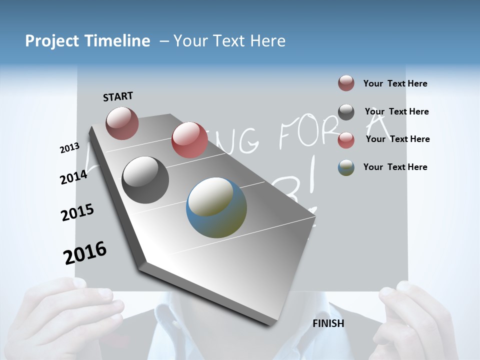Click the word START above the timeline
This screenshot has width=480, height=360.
(118, 96)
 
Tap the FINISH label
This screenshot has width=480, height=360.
(328, 323)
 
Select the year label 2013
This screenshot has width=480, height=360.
(70, 147)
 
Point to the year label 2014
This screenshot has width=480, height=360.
(73, 177)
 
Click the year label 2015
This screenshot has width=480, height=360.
(77, 212)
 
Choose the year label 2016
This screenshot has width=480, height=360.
(85, 252)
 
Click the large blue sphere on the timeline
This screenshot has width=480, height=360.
(216, 207)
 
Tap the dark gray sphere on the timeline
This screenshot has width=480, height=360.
(145, 179)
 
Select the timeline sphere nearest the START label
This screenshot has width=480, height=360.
(122, 123)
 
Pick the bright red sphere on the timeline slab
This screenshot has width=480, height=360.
(189, 140)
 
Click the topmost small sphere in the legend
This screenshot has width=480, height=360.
(346, 83)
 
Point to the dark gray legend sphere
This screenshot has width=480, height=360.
(346, 112)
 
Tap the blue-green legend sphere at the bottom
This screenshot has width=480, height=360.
(346, 167)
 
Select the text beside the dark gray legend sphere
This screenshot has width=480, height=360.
(396, 111)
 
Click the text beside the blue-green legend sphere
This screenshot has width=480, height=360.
(395, 167)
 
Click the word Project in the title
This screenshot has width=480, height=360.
(51, 41)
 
